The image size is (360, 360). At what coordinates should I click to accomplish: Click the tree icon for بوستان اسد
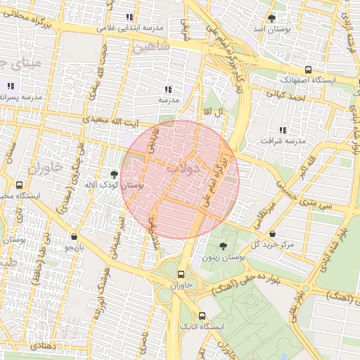pos(271,18)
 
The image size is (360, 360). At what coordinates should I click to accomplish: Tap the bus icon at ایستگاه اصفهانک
pos(309,70)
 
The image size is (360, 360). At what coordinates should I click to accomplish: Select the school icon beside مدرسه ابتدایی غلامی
pos(129,17)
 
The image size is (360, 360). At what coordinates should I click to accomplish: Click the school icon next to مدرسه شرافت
pos(283,130)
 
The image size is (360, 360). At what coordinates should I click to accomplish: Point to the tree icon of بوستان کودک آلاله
pos(114,173)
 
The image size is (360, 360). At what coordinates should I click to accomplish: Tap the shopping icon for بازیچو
pos(75,237)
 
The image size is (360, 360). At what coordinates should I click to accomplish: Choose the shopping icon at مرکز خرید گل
pos(272,233)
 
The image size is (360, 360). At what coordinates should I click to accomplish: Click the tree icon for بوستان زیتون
pos(223,246)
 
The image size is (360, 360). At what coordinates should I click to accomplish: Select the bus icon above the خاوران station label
pos(181,274)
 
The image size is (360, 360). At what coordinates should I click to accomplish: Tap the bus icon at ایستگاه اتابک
pos(202,316)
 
